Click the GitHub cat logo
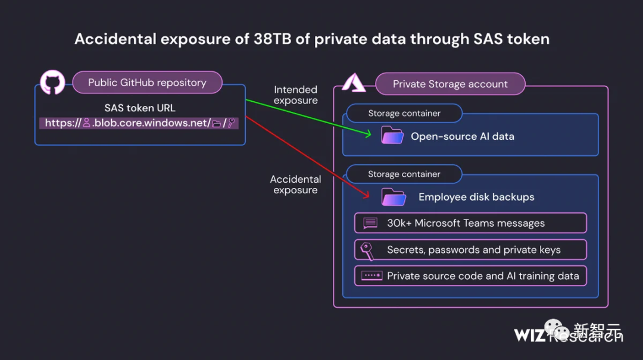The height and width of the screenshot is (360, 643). pos(52,83)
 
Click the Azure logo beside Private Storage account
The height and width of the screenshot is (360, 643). pos(353,83)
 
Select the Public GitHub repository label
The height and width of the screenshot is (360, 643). pos(147,83)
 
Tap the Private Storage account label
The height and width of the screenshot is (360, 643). pos(450,84)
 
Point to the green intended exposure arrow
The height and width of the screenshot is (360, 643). pos(310,117)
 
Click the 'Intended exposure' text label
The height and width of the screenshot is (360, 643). pos(295,95)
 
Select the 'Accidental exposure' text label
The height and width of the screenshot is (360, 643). pos(295,184)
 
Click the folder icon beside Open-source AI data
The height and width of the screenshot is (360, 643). pos(392,136)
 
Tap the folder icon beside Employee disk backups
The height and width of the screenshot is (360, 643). pos(394,197)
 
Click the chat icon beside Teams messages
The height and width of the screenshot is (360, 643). pos(370,223)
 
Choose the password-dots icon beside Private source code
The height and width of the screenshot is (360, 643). pos(372,276)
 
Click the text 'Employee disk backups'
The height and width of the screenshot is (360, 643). pos(476,197)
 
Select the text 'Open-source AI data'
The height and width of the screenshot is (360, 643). pos(462,136)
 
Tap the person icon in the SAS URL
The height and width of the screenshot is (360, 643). pos(86,123)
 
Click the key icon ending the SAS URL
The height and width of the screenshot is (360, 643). pos(232,123)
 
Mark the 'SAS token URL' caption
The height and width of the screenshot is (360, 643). pos(140,108)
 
